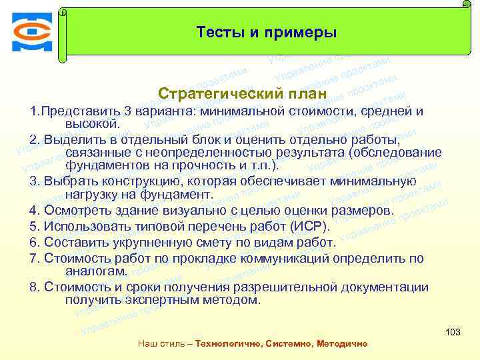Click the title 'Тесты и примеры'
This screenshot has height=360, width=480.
tap(267, 32)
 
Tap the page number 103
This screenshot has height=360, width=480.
tap(453, 332)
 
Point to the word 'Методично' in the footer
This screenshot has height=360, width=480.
tap(344, 343)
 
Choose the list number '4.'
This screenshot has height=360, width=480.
tap(35, 211)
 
